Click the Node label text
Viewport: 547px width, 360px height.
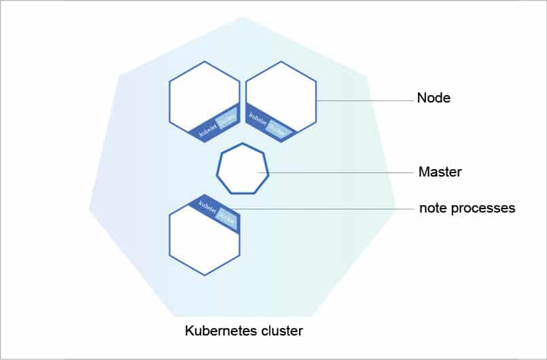point(434,98)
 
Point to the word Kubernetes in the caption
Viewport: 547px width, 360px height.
point(219,331)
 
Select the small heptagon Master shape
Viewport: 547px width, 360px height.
point(243,169)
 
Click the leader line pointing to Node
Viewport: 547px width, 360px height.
point(367,101)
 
